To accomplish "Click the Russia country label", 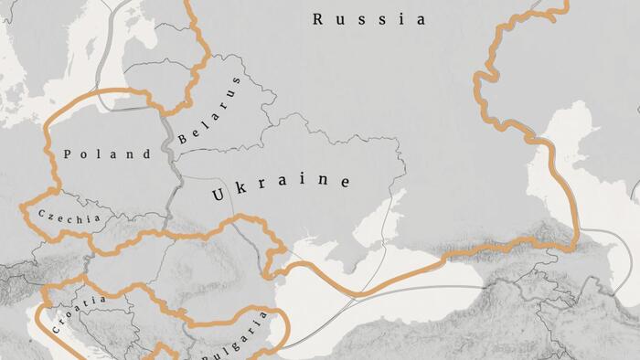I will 368,19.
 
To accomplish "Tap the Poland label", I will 108,154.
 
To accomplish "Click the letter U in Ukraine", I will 219,195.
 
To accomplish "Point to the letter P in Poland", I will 69,154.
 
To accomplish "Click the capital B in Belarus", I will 184,139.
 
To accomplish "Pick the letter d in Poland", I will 146,154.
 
